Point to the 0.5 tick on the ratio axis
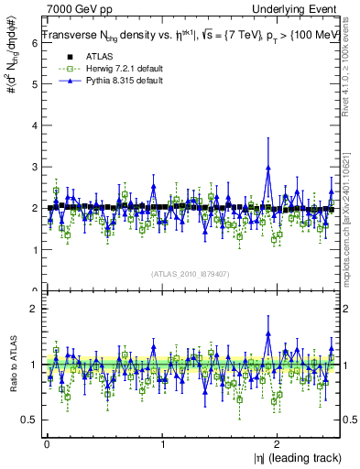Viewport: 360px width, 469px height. click(x=29, y=420)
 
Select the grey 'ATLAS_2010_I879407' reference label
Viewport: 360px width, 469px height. click(x=191, y=274)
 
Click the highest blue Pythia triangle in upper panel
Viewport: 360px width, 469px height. click(x=268, y=168)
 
